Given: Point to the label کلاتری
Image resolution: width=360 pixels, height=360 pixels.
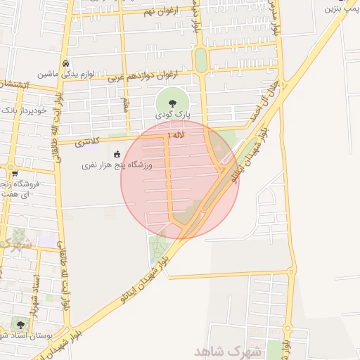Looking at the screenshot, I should tap(88, 141).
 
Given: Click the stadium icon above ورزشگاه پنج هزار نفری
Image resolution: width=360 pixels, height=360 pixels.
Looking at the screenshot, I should tap(117, 154).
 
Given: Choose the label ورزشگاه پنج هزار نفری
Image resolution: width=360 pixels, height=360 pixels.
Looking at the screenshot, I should tap(116, 165).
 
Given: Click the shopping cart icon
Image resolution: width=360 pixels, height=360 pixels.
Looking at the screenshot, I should tap(14, 172).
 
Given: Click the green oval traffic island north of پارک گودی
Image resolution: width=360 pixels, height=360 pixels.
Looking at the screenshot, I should tap(201, 60).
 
